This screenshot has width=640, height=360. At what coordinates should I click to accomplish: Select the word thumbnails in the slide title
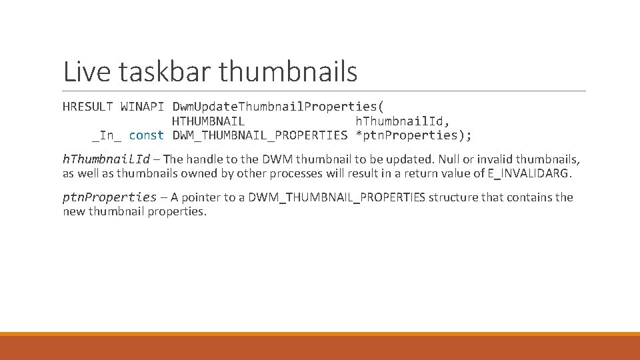coord(287,72)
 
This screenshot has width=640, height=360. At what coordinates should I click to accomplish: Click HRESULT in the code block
coord(88,107)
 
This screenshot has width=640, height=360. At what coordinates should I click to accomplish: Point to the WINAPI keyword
coord(142,107)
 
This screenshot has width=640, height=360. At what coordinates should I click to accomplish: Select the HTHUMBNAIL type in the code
coord(208,121)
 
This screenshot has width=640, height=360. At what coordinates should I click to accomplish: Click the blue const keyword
coord(146,135)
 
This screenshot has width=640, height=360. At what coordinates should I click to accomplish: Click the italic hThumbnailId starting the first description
coord(106,159)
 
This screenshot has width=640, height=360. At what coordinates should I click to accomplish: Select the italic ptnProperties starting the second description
coord(109,197)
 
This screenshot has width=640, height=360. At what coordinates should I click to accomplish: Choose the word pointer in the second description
coord(202,197)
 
